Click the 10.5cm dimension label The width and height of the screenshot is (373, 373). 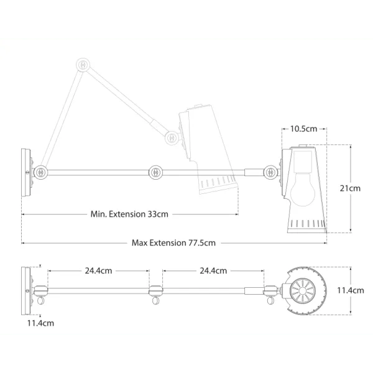click(x=303, y=129)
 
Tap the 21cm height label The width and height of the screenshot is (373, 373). click(x=350, y=188)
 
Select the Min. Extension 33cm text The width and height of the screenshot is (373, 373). click(x=129, y=214)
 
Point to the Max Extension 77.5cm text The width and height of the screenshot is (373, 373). click(x=173, y=243)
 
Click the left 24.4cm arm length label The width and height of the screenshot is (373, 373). click(x=98, y=270)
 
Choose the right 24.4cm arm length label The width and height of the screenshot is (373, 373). click(x=213, y=270)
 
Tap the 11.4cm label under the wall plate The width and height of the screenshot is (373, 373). click(x=40, y=323)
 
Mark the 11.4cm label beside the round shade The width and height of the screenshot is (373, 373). click(x=351, y=290)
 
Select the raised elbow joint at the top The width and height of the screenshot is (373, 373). click(x=83, y=65)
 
